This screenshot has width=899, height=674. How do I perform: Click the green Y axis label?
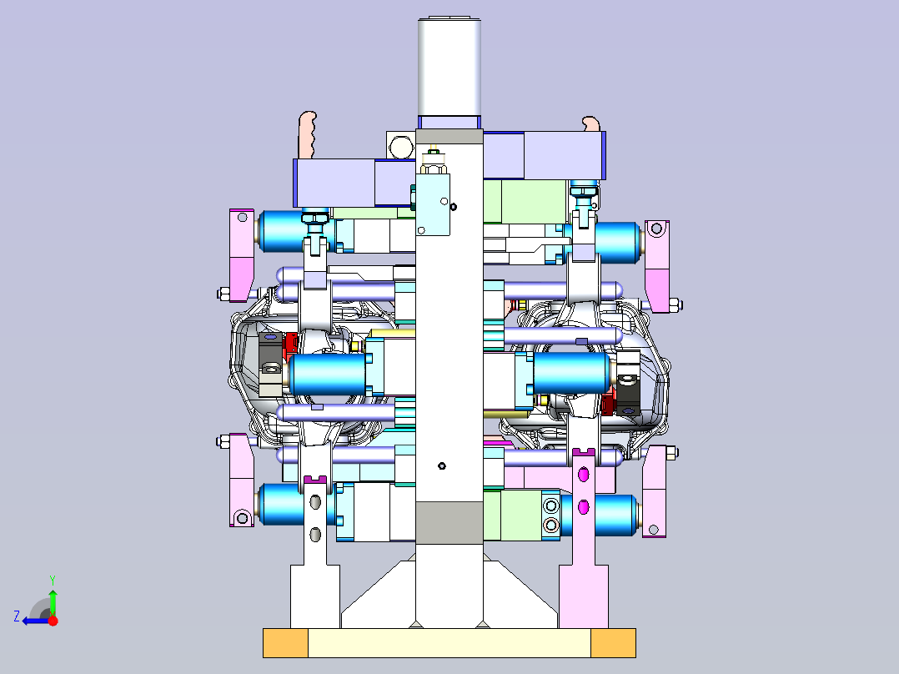pyautogui.click(x=53, y=580)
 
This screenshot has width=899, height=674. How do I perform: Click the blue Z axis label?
pyautogui.click(x=17, y=616)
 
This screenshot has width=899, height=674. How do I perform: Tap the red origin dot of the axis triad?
pyautogui.click(x=53, y=620)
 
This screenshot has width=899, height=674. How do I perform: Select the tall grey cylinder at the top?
pyautogui.click(x=449, y=67)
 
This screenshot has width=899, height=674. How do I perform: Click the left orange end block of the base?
pyautogui.click(x=285, y=643)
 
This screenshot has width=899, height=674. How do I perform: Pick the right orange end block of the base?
pyautogui.click(x=613, y=643)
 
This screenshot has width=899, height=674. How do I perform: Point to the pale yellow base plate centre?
pyautogui.click(x=449, y=643)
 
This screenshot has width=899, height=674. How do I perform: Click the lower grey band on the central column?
pyautogui.click(x=449, y=522)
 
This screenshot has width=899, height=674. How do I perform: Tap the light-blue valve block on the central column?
pyautogui.click(x=433, y=204)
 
